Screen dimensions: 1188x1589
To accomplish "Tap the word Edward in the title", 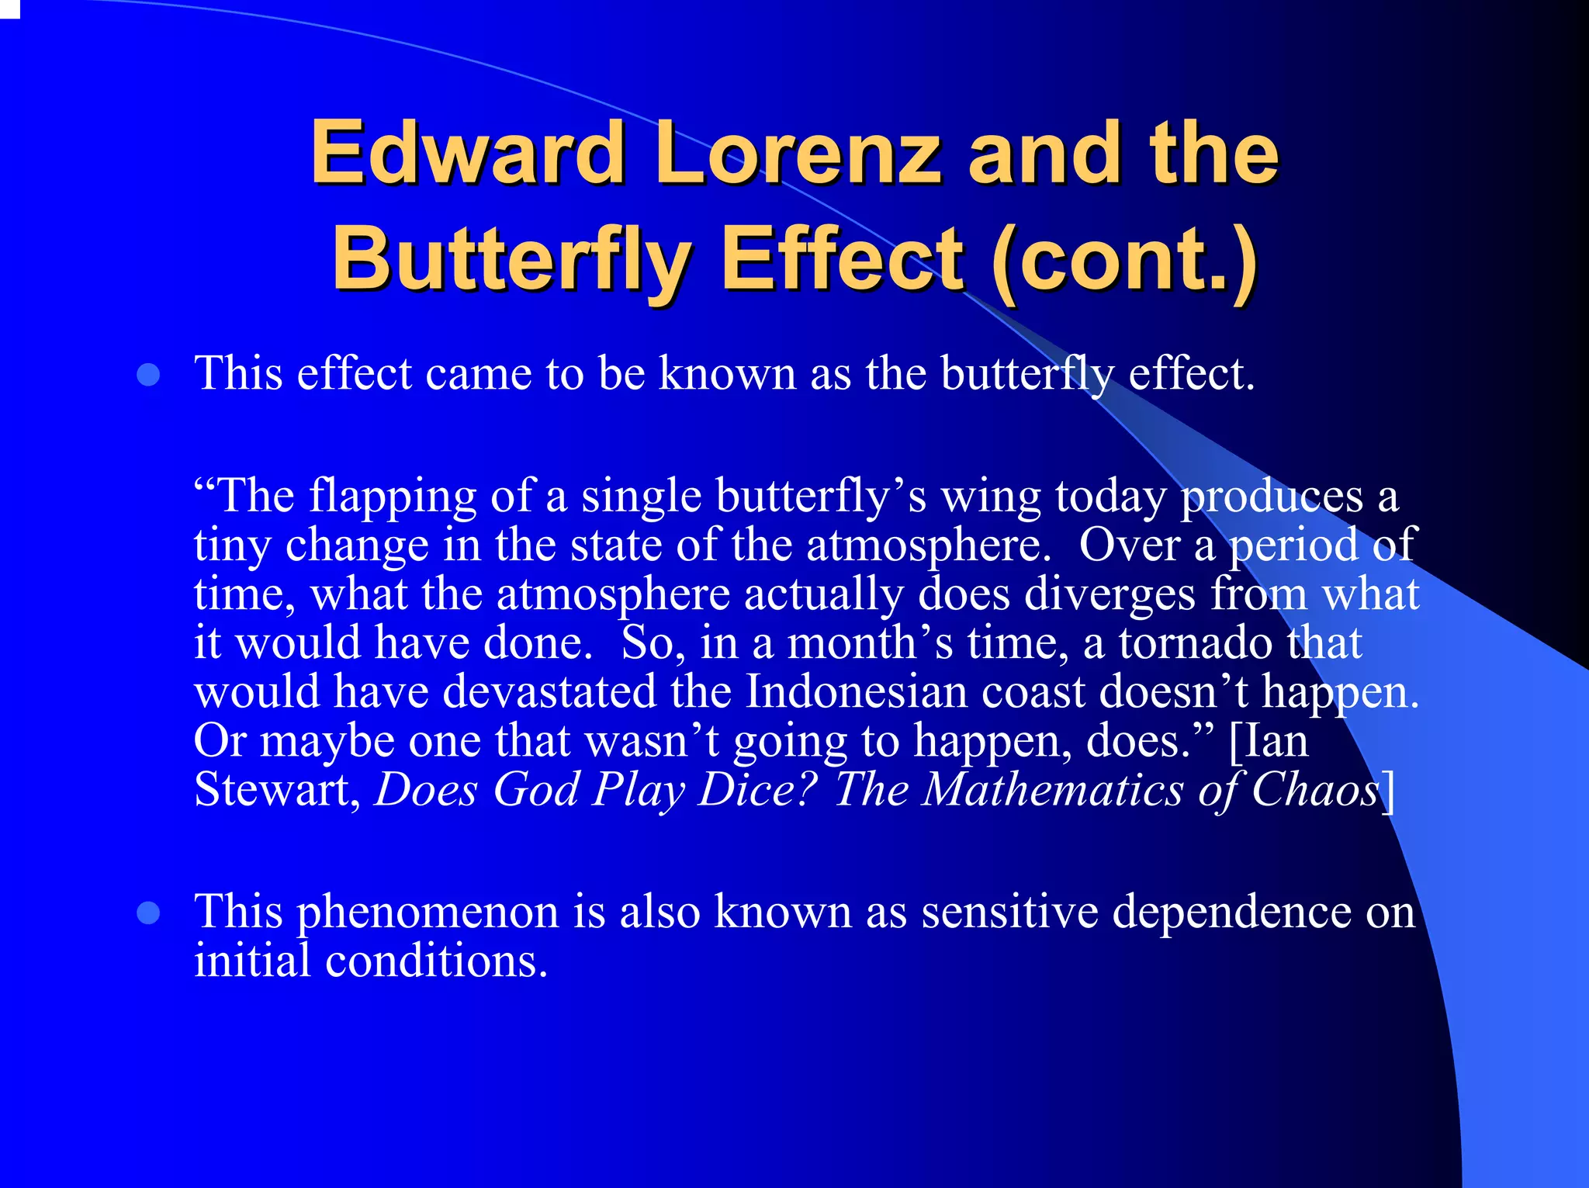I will pos(468,153).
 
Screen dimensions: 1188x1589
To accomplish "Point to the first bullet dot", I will pos(148,376).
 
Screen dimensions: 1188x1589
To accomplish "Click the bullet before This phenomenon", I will pos(148,913).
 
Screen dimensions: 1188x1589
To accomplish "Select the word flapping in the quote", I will pos(393,497).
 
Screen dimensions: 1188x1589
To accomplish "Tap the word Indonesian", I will pos(856,691).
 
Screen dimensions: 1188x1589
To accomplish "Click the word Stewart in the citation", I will pos(277,790).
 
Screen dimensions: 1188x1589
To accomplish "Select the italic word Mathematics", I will pos(1053,790).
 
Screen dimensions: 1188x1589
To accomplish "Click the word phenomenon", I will pos(428,913).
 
